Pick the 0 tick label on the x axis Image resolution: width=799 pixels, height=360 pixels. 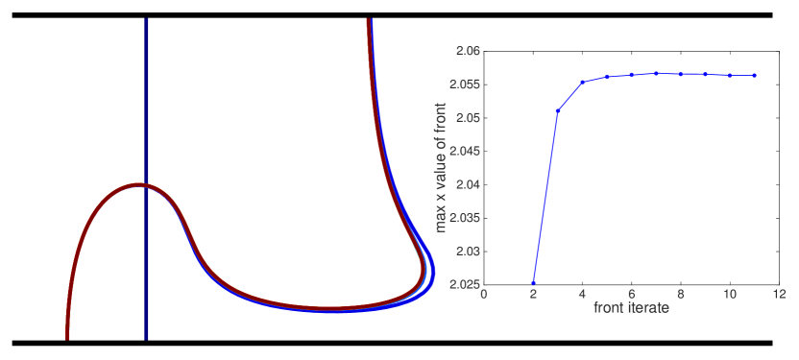coord(483,295)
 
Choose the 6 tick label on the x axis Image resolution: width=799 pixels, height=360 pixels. coord(631,295)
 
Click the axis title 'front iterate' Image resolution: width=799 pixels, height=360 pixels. coord(631,308)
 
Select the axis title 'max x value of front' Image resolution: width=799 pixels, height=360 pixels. coord(441,167)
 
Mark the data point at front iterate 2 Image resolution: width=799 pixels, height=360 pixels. coord(533,283)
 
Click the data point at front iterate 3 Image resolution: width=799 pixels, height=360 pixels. coord(558,110)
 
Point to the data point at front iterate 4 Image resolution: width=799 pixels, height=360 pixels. coord(582,82)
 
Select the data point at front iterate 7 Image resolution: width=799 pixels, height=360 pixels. coord(656,73)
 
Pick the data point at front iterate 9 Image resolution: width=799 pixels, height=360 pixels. coord(705,74)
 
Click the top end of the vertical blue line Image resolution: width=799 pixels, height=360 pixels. coord(146,19)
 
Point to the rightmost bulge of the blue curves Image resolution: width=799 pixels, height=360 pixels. coord(434,274)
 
